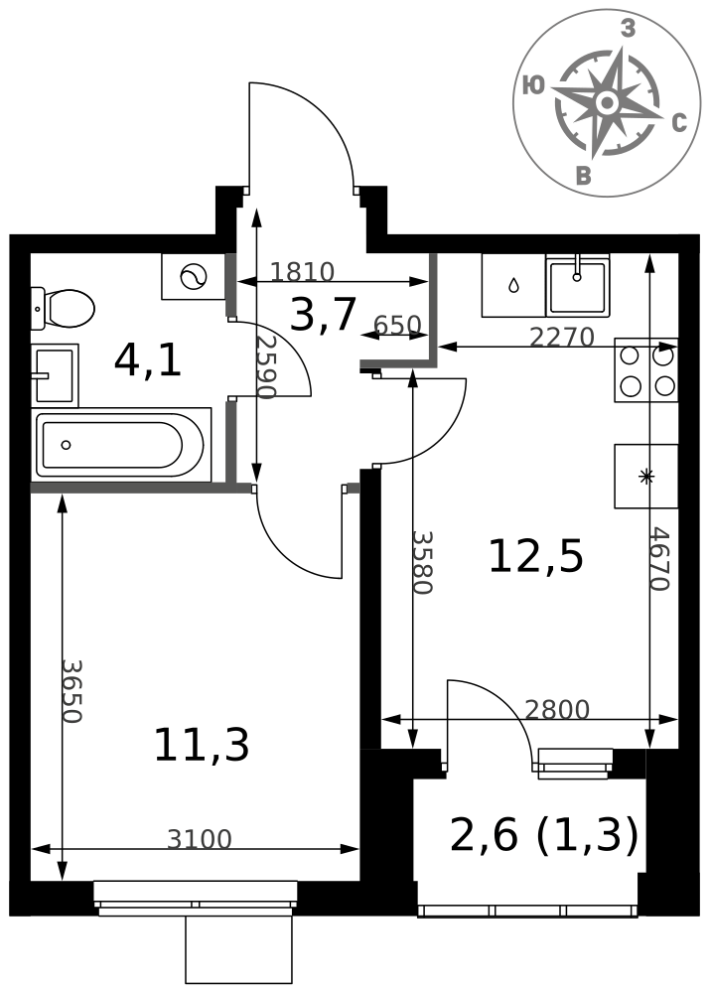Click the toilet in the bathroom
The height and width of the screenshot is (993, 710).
point(63,309)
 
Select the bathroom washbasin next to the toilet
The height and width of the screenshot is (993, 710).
point(55,375)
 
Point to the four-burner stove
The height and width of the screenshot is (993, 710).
point(646,370)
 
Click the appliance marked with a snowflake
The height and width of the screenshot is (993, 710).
point(646,477)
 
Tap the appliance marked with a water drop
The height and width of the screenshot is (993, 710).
point(513,285)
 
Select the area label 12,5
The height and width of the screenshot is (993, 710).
point(536,557)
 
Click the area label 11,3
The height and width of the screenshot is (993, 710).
point(202,745)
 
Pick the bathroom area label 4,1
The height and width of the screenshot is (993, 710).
point(148,361)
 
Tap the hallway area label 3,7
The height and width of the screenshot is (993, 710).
point(323,316)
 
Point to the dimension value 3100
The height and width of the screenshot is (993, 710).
point(200,839)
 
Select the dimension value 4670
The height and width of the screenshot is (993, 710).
point(659,559)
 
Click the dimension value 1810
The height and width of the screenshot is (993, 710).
point(302,272)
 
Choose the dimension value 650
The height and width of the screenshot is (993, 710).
point(397,325)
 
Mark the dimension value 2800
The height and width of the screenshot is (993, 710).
point(557,710)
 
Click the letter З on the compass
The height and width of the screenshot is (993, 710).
point(628,29)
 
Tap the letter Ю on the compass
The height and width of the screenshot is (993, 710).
point(533,85)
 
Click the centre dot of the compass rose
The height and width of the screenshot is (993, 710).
point(607,102)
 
